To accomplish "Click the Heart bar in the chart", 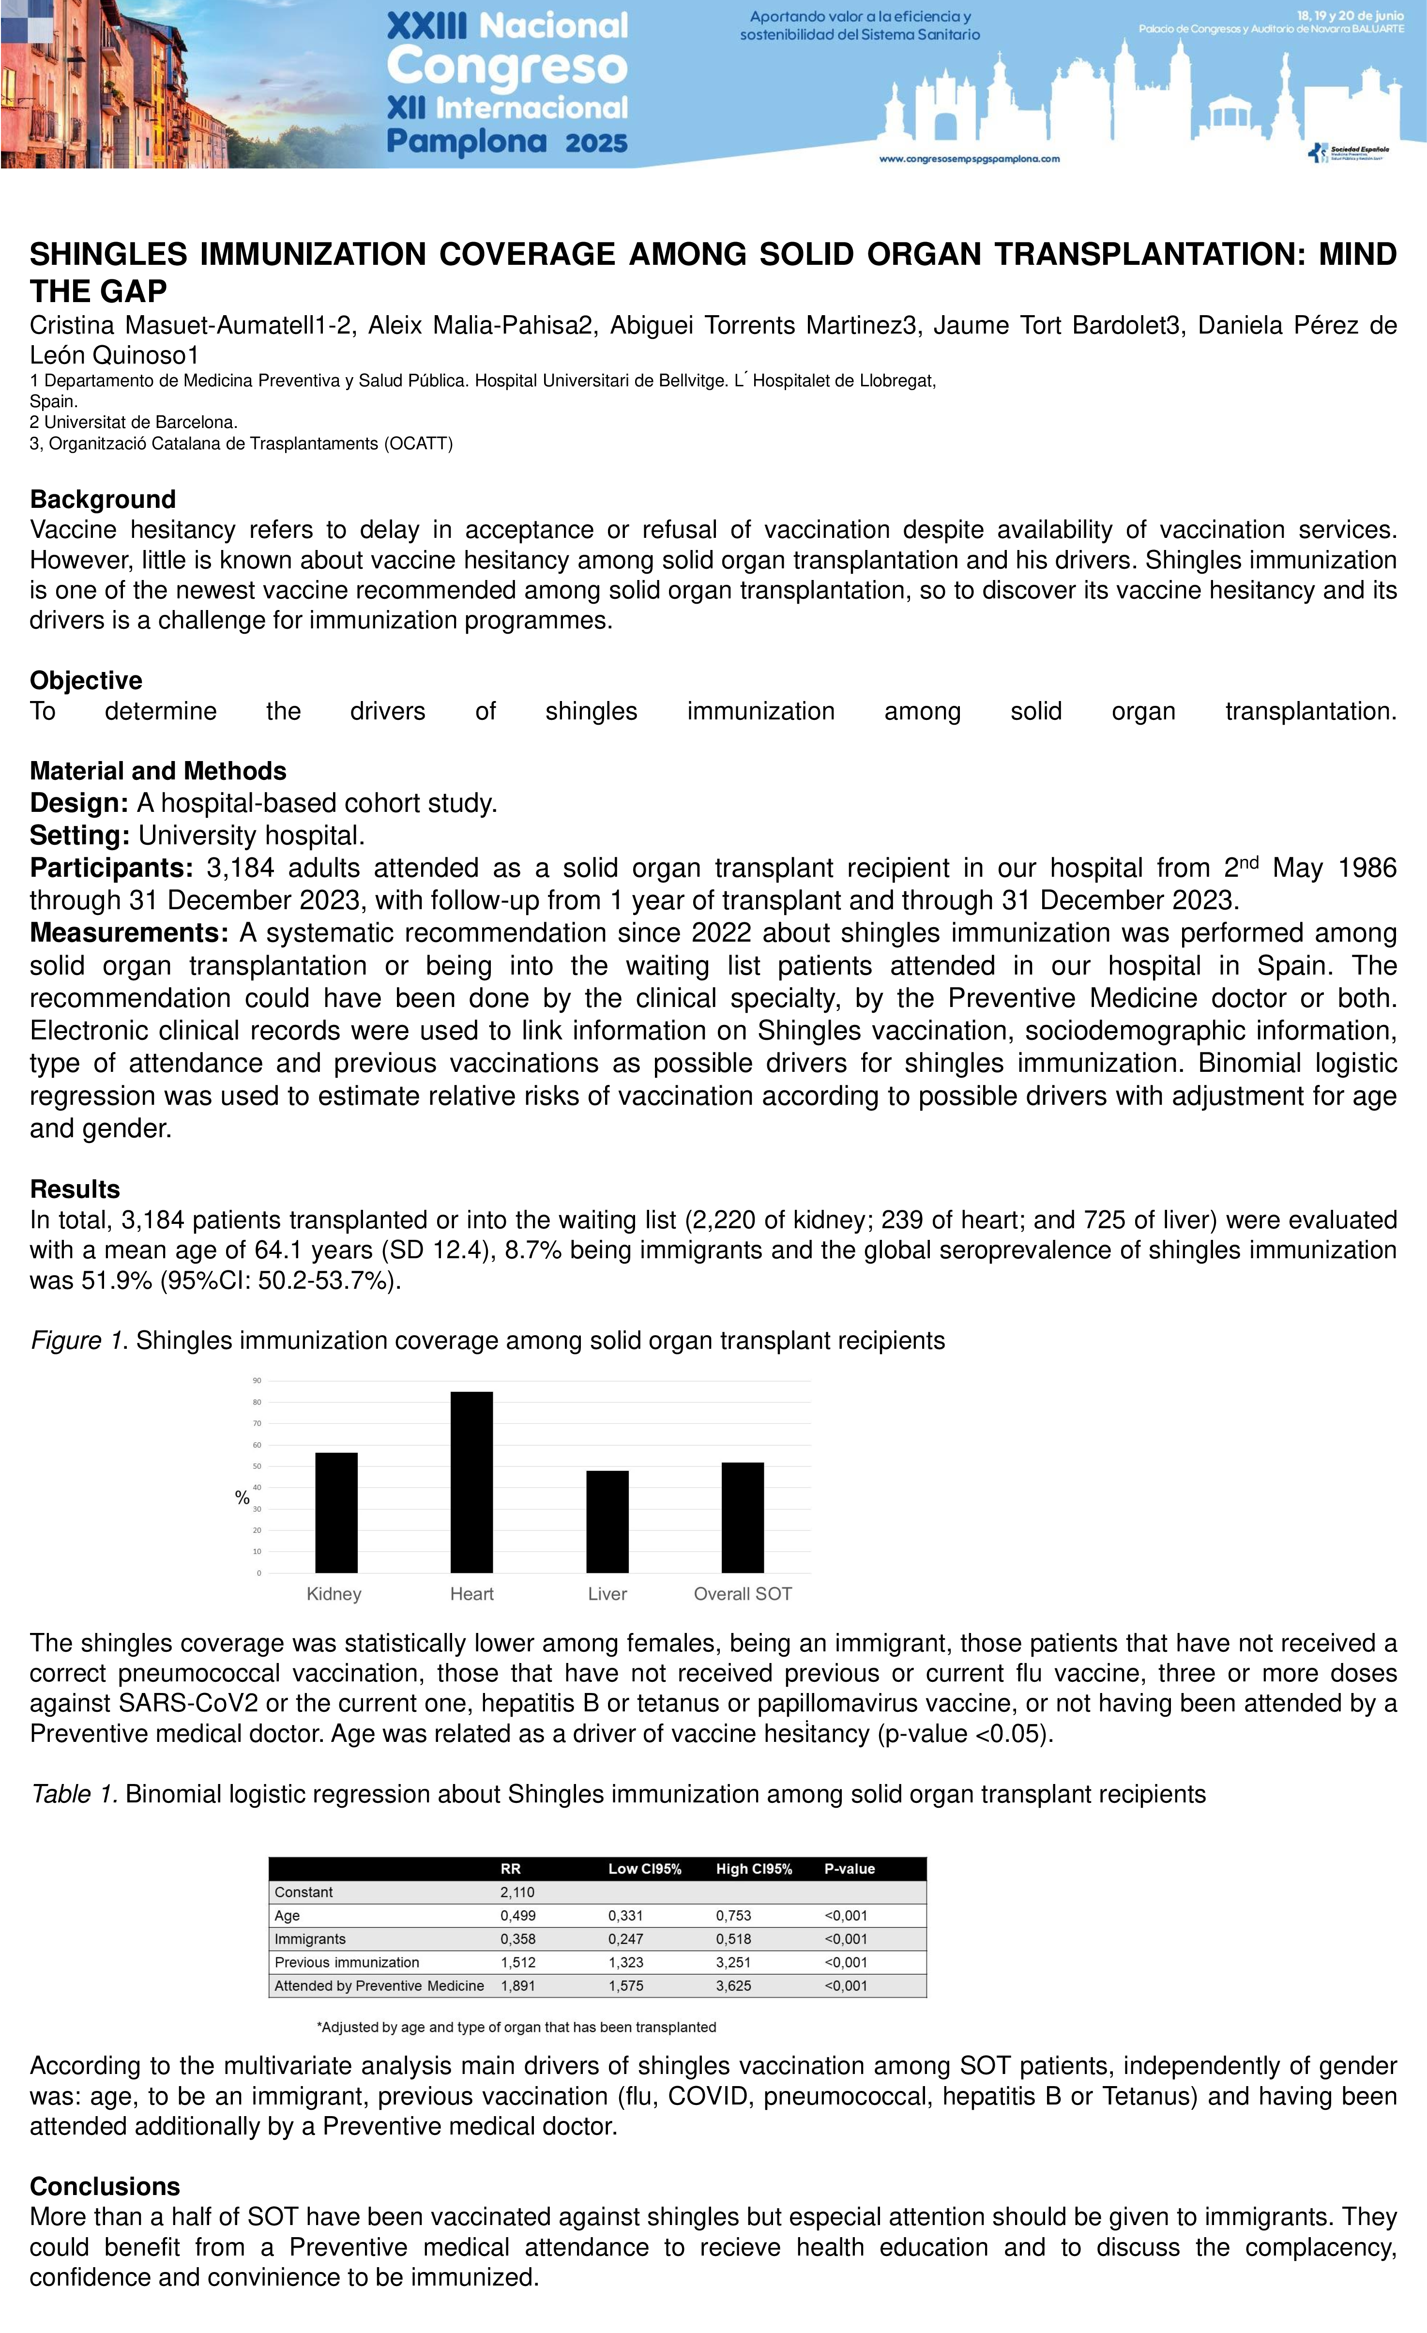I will (x=471, y=1482).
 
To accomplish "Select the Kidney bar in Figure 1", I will (x=336, y=1512).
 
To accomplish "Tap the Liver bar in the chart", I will (x=607, y=1522).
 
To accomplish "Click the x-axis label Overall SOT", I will (x=743, y=1594).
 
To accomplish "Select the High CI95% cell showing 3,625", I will (x=734, y=1985).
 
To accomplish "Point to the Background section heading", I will (x=103, y=499).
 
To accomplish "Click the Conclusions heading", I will (x=105, y=2186).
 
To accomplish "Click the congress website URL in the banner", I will (x=970, y=159).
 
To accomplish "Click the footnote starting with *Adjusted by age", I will (x=516, y=2027).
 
